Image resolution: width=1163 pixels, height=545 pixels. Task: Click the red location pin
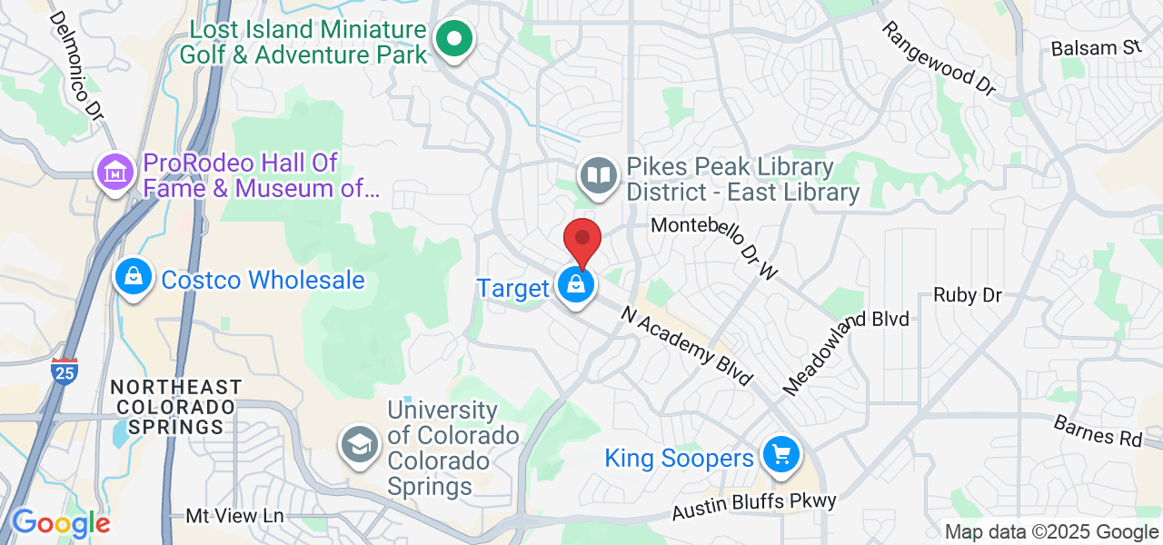click(582, 240)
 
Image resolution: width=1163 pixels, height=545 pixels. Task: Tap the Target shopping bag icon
click(575, 285)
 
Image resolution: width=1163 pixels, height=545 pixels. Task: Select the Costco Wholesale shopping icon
click(134, 277)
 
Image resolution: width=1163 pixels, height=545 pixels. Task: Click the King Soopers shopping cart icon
click(780, 454)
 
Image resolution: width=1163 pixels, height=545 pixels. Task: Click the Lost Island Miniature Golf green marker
click(452, 39)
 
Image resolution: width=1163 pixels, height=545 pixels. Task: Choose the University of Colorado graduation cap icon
click(360, 445)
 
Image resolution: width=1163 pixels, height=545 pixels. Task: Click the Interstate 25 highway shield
click(64, 372)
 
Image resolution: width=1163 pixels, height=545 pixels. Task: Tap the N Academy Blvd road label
click(688, 345)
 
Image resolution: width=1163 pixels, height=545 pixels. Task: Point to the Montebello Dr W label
click(715, 247)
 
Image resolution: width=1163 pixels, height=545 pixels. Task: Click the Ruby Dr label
click(968, 296)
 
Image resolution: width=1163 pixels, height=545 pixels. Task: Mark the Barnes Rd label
click(1098, 431)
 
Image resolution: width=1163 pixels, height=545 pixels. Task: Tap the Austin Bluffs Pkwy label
click(753, 507)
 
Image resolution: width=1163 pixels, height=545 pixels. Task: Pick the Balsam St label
click(1095, 48)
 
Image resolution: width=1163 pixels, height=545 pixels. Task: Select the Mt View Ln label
click(234, 516)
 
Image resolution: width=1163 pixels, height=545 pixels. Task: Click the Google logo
click(60, 523)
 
